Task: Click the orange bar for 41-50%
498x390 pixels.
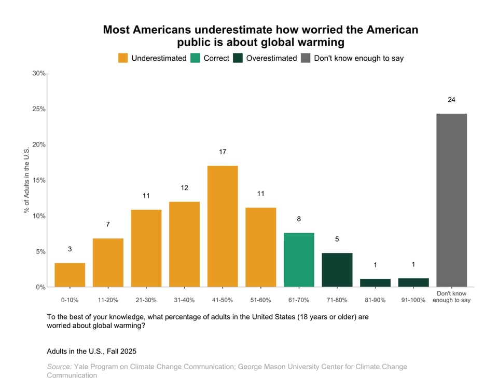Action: [x=223, y=226]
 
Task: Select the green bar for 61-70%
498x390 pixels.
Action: [x=299, y=260]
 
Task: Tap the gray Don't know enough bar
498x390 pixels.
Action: [x=451, y=200]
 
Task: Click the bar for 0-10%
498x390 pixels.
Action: [x=70, y=275]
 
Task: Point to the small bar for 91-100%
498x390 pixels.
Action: [x=413, y=283]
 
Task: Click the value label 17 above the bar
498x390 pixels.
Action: [x=223, y=152]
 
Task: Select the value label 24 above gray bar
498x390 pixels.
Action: [x=451, y=100]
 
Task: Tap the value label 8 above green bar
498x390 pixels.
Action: [x=299, y=219]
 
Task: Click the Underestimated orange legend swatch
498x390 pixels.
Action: [x=123, y=58]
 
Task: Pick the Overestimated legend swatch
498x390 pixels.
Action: [x=238, y=58]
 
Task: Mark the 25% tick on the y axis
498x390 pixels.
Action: [x=39, y=109]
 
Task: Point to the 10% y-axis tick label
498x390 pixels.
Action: [x=39, y=216]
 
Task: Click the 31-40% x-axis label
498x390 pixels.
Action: [x=184, y=300]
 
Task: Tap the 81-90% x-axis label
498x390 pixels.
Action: [x=375, y=300]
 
